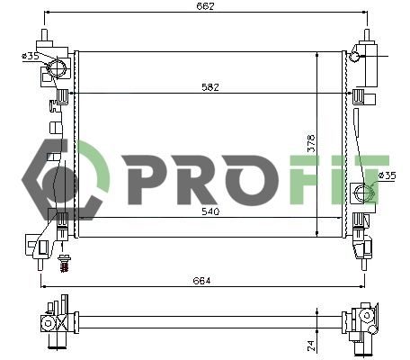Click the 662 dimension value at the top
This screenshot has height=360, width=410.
(205, 6)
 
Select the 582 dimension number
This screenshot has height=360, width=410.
(210, 87)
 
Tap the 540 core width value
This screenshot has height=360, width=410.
(210, 211)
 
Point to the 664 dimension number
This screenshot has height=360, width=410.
(201, 281)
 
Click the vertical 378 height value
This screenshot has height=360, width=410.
(311, 143)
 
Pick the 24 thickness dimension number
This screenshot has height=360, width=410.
(311, 345)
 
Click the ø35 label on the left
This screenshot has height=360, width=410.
(31, 56)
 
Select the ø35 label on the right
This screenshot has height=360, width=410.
(387, 175)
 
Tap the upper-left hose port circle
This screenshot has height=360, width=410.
(57, 68)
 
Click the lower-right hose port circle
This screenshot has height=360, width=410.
(363, 192)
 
